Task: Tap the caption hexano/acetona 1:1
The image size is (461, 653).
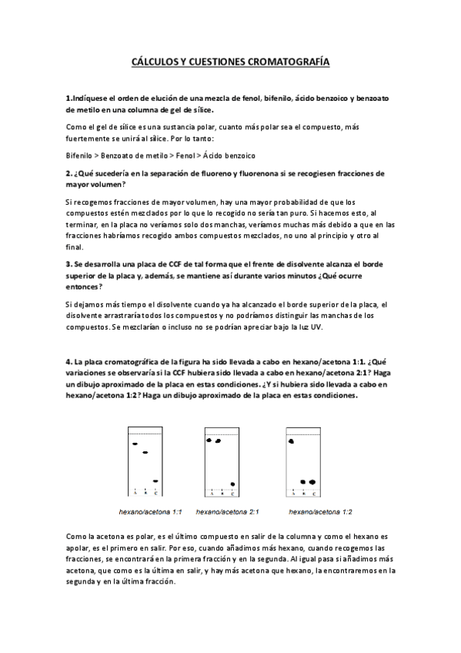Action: pyautogui.click(x=150, y=511)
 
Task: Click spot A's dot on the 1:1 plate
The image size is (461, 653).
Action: pyautogui.click(x=135, y=444)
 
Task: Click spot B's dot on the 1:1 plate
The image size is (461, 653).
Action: pyautogui.click(x=145, y=452)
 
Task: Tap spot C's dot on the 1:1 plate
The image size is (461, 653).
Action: pyautogui.click(x=155, y=481)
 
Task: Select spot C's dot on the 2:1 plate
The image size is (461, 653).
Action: pyautogui.click(x=232, y=484)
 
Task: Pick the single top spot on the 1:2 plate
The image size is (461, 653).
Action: pyautogui.click(x=291, y=442)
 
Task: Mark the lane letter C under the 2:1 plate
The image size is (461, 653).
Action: pyautogui.click(x=233, y=493)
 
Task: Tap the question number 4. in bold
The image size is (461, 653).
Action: pyautogui.click(x=68, y=361)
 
